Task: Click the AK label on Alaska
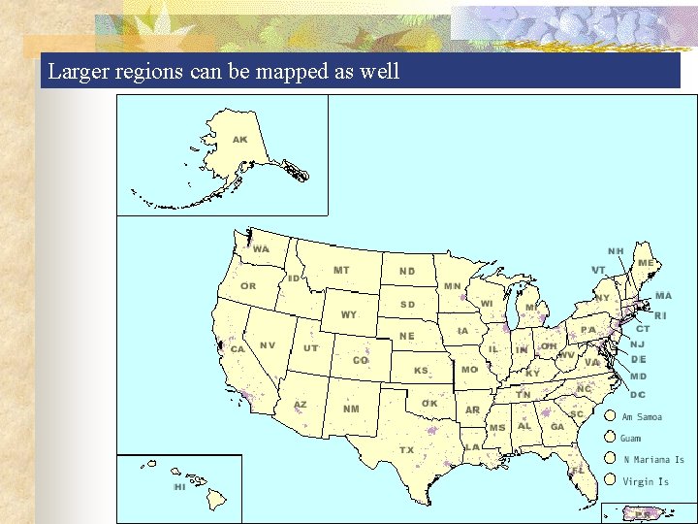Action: tap(239, 140)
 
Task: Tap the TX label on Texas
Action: tap(407, 450)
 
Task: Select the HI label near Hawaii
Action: tap(179, 487)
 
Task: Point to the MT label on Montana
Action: tap(341, 270)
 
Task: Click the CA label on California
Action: tap(238, 349)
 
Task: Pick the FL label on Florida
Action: tap(578, 470)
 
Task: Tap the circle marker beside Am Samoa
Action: tap(609, 417)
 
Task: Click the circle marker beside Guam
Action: tap(609, 439)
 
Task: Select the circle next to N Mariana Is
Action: tap(609, 460)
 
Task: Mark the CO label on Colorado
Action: tap(361, 360)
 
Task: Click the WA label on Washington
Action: tap(261, 249)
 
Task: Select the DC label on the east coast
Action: tap(638, 395)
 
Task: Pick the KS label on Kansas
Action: tap(422, 371)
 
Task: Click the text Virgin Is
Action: tap(646, 481)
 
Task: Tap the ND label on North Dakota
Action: tap(407, 272)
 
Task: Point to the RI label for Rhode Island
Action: tap(660, 315)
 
